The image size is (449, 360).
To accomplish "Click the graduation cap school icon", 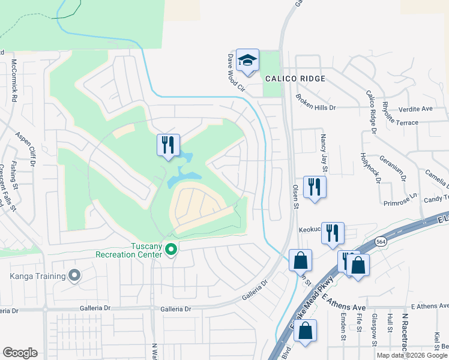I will (x=247, y=61).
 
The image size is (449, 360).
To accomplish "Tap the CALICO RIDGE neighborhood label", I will (x=295, y=79).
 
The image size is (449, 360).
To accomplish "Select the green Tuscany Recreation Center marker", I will (x=171, y=249).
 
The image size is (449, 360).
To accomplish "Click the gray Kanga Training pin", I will (x=74, y=275).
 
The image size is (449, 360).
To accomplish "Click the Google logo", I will (x=20, y=353).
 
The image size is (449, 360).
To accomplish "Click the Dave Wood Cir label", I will (x=237, y=72).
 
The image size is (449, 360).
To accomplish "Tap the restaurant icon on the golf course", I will (x=168, y=145).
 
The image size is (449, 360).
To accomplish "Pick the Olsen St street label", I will (x=295, y=197).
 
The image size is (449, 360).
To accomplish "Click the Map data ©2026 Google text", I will (x=411, y=355).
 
